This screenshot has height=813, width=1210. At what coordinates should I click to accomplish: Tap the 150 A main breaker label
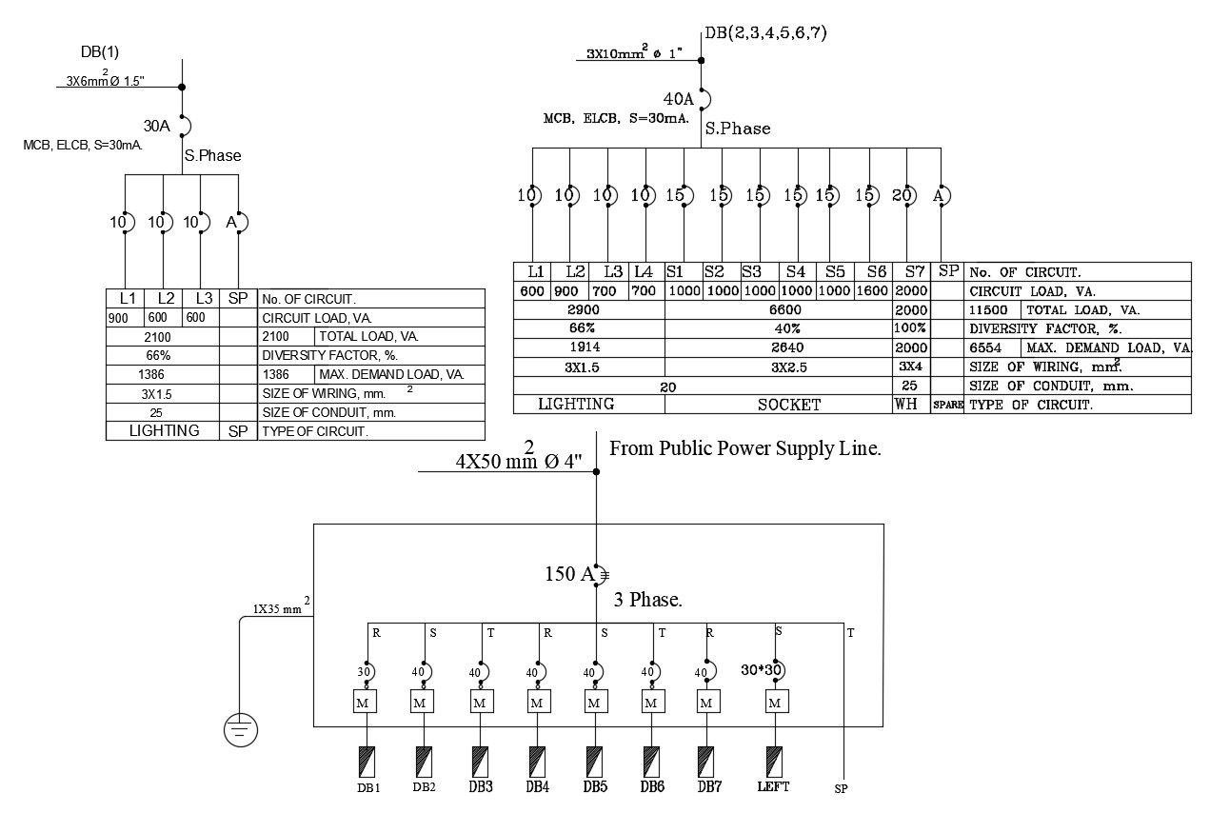point(569,574)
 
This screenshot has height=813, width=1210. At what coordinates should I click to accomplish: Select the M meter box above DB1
point(365,702)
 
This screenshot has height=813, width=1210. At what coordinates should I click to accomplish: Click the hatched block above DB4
point(537,762)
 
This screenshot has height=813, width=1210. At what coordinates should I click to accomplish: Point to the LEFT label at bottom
point(773,786)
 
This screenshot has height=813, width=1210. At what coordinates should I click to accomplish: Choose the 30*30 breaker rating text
point(761,670)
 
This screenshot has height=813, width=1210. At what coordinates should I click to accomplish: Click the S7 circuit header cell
point(915,271)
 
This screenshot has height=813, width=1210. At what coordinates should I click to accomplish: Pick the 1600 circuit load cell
point(872,290)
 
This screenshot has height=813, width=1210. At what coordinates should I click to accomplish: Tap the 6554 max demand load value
point(985,347)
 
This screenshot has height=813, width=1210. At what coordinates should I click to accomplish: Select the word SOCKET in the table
point(788,405)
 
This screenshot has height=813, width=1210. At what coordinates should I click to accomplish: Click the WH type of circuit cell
point(905,404)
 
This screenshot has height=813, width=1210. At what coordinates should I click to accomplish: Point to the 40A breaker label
point(679,99)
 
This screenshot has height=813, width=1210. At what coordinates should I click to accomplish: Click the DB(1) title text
point(100,51)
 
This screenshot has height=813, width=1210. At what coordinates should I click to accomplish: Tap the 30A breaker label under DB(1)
point(157,126)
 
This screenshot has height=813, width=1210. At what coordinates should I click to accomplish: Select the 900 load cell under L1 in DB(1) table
point(118,318)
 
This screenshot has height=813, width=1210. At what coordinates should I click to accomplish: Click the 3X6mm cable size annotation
point(106,79)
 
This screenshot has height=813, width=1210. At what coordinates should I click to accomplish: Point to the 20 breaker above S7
point(902,195)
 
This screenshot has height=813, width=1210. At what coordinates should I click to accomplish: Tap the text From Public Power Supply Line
point(745,448)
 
